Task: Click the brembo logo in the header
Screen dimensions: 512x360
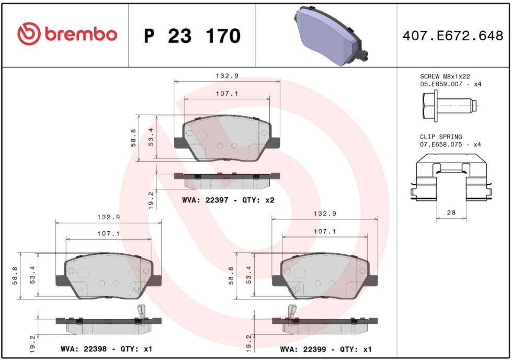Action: point(67,34)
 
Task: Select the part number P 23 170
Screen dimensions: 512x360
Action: point(192,36)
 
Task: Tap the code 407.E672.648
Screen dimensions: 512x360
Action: point(453,36)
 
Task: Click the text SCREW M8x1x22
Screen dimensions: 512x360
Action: point(445,76)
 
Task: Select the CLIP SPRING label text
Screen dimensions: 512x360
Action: point(441,137)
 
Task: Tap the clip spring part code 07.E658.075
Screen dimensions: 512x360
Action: point(441,144)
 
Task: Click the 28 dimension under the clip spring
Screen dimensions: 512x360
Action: point(451,212)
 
